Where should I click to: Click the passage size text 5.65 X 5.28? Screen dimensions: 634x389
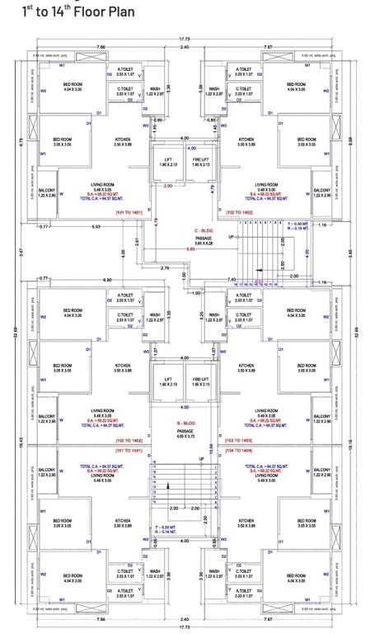[192, 244]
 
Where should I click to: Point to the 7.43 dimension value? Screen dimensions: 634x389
[232, 279]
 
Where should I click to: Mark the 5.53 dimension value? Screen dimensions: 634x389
[96, 226]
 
